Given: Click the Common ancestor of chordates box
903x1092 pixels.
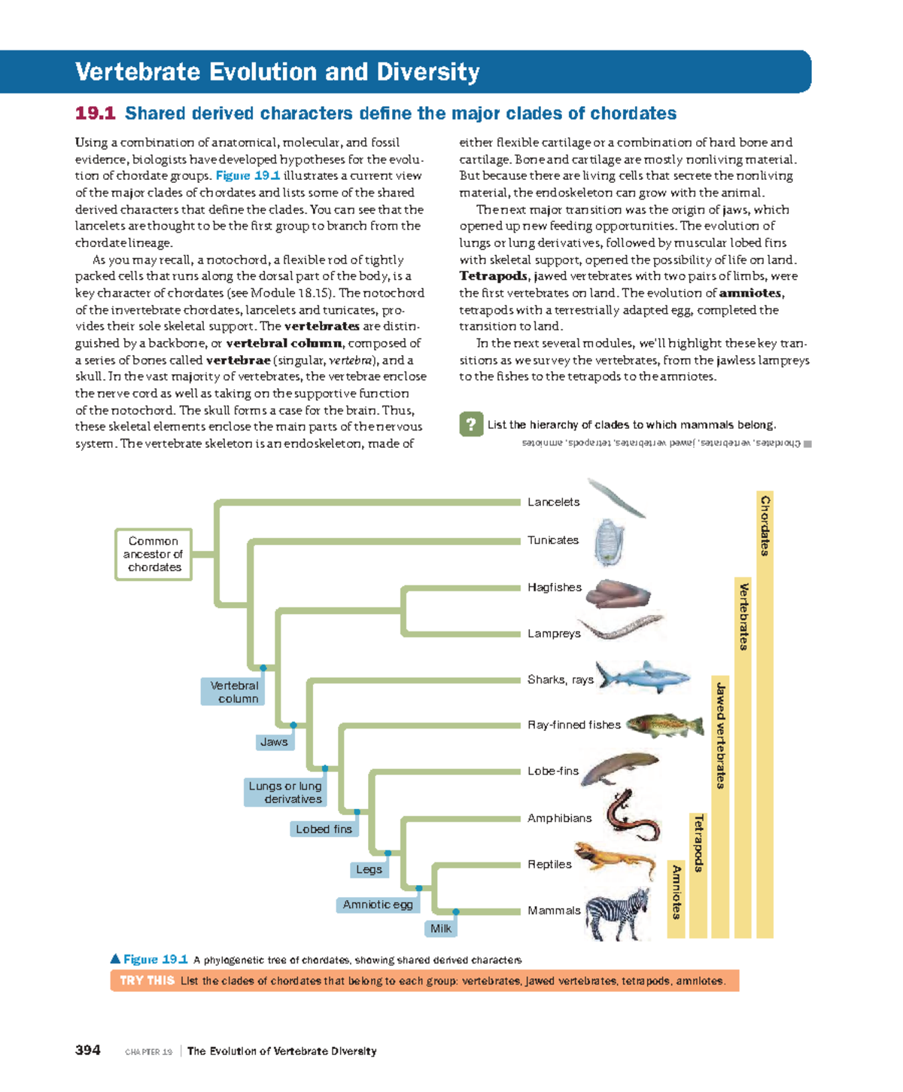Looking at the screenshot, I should tap(154, 555).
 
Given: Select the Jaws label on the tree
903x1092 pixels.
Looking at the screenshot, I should tap(274, 742).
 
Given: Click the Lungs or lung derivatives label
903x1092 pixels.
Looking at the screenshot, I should tap(284, 792).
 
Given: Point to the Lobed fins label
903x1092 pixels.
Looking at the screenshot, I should tap(324, 829).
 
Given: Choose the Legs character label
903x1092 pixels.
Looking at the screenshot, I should tap(369, 869).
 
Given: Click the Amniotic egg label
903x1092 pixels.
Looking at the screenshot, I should tap(377, 905).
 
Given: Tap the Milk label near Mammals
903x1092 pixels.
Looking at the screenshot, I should tap(441, 929).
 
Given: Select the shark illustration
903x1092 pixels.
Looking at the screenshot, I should tap(640, 676).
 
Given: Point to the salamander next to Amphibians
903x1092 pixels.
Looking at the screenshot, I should tap(632, 817).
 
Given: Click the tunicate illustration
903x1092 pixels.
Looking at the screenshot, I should tap(608, 541).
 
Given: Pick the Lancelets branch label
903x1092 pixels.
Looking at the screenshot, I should tap(553, 502).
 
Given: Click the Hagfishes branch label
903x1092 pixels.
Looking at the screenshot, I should tap(555, 587).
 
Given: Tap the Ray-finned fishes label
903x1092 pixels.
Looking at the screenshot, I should tap(574, 725).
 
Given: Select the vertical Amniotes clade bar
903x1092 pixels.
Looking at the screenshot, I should tap(676, 899).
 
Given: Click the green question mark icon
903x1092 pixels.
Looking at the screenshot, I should tap(471, 424).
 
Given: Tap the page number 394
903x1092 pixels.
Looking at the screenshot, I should tap(88, 1051).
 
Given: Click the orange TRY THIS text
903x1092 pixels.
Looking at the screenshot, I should tap(147, 981).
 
